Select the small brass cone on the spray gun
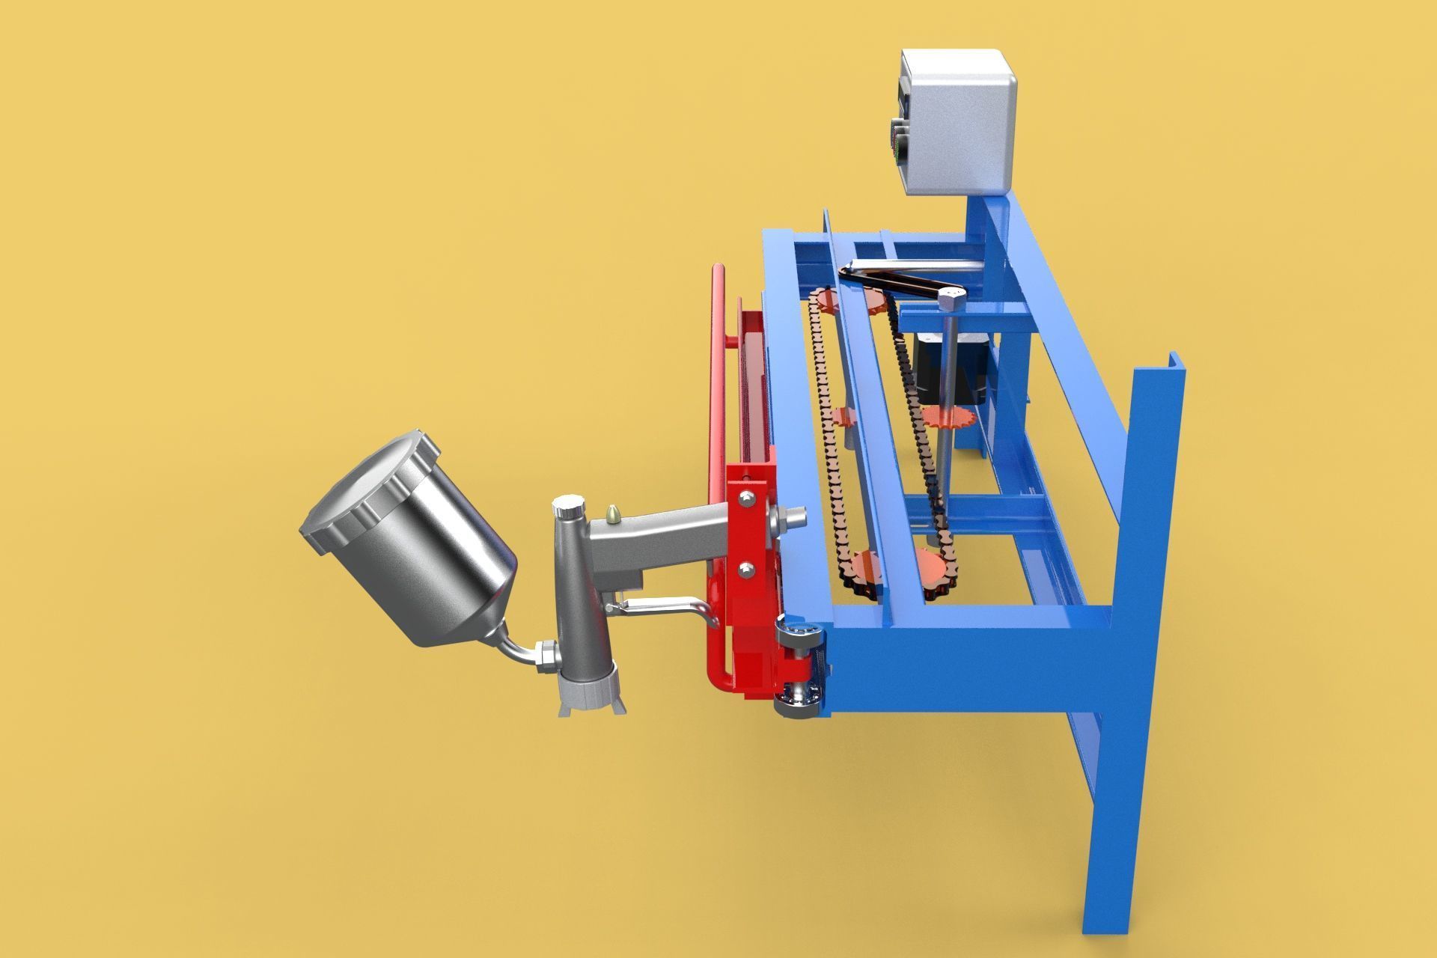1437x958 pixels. click(613, 513)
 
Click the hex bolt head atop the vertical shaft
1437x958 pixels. click(951, 301)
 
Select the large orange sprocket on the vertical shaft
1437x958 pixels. click(948, 418)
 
